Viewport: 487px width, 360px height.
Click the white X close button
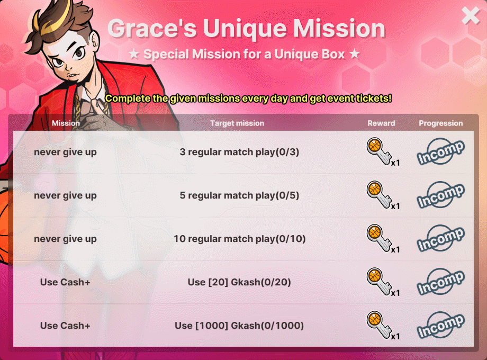pos(471,15)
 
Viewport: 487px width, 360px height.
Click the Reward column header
pos(382,123)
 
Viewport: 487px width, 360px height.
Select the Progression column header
pos(441,123)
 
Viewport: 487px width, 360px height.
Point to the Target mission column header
pos(237,123)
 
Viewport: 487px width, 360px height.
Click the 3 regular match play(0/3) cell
pos(239,152)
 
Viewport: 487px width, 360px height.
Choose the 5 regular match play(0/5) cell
pos(239,195)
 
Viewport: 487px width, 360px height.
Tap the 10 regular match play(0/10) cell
pos(239,239)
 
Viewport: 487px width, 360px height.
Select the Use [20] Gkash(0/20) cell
pos(239,282)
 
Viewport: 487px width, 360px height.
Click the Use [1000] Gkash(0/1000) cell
pos(239,326)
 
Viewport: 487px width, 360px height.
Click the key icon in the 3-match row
pos(379,151)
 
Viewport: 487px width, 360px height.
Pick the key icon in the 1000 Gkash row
pos(379,325)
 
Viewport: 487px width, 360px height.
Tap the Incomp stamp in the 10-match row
pos(441,239)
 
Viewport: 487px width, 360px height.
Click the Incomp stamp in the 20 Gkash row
pos(441,282)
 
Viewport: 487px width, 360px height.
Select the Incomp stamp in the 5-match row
pos(441,195)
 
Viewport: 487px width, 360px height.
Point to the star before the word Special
pos(134,54)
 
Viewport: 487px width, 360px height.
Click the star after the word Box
pos(354,54)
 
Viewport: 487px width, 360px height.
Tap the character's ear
pos(94,42)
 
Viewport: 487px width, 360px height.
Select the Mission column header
pos(66,123)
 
